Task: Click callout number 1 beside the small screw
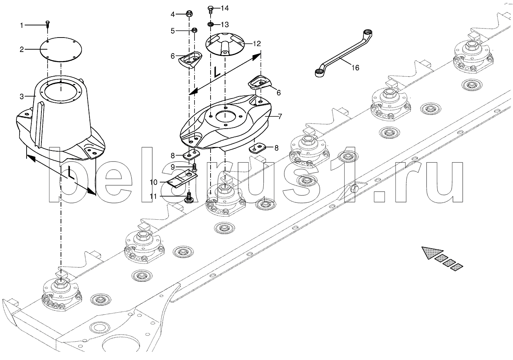[x=22, y=25]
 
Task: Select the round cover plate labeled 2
[x=61, y=48]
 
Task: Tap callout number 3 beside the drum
[x=22, y=96]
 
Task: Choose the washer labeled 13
[x=210, y=25]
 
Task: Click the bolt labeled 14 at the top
[x=210, y=9]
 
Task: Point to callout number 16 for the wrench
[x=355, y=68]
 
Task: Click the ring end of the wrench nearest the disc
[x=320, y=72]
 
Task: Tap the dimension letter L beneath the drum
[x=69, y=173]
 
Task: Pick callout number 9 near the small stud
[x=172, y=167]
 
